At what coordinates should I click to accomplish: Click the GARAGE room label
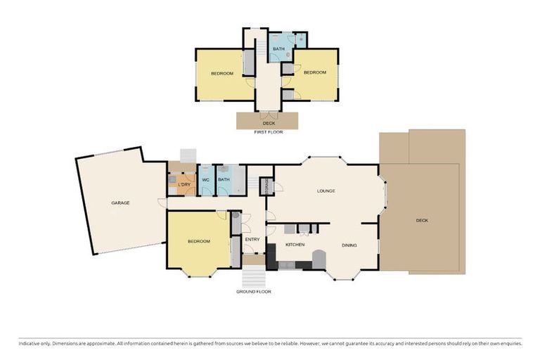click(x=120, y=203)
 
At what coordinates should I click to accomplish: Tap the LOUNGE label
click(x=326, y=191)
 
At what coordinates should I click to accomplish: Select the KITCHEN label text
click(x=295, y=245)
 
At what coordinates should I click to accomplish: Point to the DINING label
click(x=349, y=245)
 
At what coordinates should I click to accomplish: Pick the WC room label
click(x=206, y=180)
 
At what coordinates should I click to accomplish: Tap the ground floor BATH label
click(x=224, y=180)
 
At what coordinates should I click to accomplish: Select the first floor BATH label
click(x=278, y=49)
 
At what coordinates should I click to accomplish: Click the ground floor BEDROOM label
click(x=198, y=242)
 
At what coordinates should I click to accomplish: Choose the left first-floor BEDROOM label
click(x=224, y=73)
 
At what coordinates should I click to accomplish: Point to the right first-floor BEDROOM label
click(x=315, y=72)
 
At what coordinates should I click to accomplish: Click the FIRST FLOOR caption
click(x=268, y=131)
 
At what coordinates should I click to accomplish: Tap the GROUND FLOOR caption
click(x=254, y=291)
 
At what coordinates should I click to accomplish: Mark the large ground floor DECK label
click(x=422, y=220)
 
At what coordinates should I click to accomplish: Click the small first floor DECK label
click(x=269, y=123)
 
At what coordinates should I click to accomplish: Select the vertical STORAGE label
click(x=266, y=186)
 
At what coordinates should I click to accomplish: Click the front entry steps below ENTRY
click(x=254, y=275)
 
